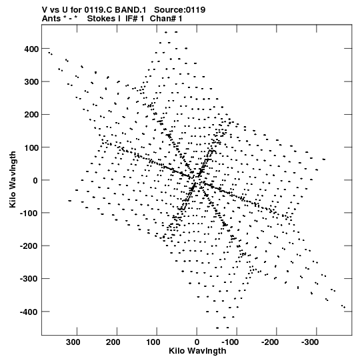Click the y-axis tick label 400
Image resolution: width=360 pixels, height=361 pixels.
pyautogui.click(x=31, y=49)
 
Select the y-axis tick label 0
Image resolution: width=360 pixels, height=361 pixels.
pyautogui.click(x=35, y=180)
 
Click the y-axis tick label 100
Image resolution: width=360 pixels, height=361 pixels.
pyautogui.click(x=31, y=147)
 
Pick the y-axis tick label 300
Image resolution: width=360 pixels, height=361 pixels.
pyautogui.click(x=31, y=81)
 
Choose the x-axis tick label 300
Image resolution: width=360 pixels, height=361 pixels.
pyautogui.click(x=73, y=342)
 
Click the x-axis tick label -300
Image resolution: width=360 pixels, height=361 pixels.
pyautogui.click(x=310, y=342)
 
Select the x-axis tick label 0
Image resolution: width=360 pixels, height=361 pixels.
pyautogui.click(x=197, y=342)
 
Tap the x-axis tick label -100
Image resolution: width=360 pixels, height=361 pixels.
pyautogui.click(x=230, y=342)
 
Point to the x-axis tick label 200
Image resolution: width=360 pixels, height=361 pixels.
pyautogui.click(x=113, y=342)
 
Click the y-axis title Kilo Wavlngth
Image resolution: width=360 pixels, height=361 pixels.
pyautogui.click(x=13, y=179)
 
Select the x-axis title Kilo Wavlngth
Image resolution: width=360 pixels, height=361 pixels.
pyautogui.click(x=197, y=351)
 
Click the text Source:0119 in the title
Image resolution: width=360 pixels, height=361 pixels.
pyautogui.click(x=179, y=10)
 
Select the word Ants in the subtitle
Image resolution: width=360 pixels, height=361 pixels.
pyautogui.click(x=51, y=19)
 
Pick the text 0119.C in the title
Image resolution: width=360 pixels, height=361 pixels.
pyautogui.click(x=99, y=10)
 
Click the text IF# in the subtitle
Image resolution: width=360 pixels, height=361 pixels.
pyautogui.click(x=131, y=19)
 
